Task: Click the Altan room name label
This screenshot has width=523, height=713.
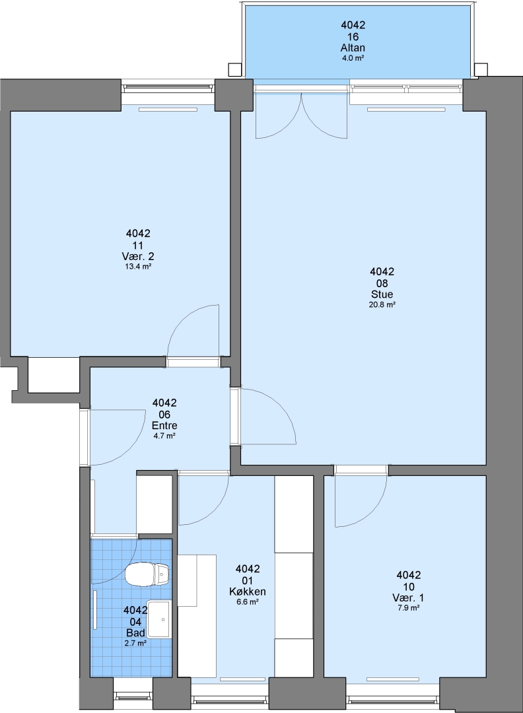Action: [x=353, y=48]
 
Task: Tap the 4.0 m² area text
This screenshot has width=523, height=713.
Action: [x=353, y=57]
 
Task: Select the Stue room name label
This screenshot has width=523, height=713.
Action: [x=382, y=294]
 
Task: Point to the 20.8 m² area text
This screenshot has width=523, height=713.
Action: [x=382, y=304]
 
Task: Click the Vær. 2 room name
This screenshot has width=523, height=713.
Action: [x=138, y=256]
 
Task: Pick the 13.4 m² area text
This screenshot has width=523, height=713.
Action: [x=138, y=267]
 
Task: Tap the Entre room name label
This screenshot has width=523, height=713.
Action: [x=164, y=426]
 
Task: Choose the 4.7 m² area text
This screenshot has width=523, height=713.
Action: [x=164, y=436]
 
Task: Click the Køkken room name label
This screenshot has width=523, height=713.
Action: [x=248, y=592]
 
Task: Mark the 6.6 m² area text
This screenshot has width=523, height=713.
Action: [x=248, y=601]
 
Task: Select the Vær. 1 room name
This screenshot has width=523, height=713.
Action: [x=408, y=597]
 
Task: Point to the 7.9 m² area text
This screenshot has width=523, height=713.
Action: [x=408, y=607]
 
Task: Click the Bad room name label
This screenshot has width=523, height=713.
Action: [x=135, y=633]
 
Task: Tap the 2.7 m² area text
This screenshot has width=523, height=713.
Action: [x=135, y=643]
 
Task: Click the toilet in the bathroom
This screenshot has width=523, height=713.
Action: [x=147, y=575]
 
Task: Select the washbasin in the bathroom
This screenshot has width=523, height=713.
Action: [x=160, y=619]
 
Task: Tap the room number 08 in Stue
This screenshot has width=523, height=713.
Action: [x=382, y=283]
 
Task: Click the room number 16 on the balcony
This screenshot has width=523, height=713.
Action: [x=353, y=37]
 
